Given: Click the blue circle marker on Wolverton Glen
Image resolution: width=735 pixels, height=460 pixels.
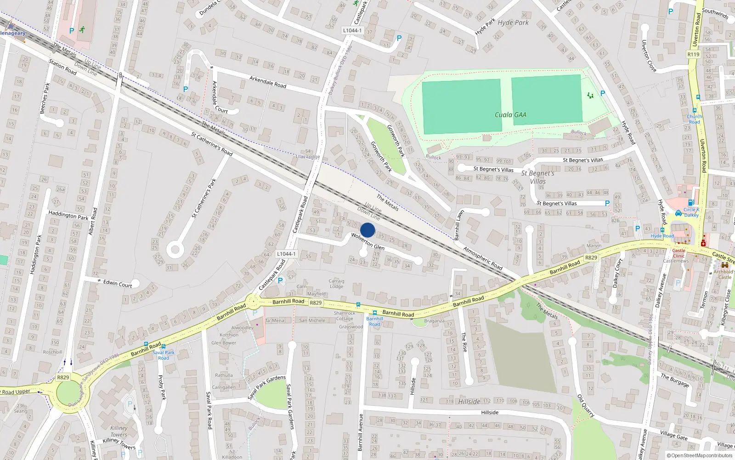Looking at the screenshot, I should click(367, 230).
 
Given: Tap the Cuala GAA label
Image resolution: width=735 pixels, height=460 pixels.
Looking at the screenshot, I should click(510, 115).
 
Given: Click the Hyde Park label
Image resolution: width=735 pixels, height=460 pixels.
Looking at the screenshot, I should click(513, 23).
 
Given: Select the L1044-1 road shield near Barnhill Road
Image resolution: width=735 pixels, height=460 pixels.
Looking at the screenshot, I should click(286, 254).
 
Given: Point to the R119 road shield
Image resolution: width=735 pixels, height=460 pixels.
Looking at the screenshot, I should click(693, 54).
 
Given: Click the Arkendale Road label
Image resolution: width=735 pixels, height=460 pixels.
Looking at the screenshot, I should click(268, 82).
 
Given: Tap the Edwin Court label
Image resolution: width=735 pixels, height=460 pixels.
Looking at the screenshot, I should click(117, 283).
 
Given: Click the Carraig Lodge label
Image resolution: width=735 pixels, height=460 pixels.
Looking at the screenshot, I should click(336, 283).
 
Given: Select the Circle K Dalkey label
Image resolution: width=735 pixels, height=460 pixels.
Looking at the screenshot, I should click(691, 212).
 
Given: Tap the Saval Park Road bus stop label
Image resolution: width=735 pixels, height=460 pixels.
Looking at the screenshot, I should click(164, 355).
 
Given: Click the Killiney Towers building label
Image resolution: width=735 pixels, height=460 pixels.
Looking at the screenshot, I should click(119, 431).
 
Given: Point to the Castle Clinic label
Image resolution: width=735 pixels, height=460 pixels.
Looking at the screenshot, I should click(679, 253).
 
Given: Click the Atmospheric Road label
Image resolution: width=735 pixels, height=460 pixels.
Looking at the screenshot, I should click(482, 258).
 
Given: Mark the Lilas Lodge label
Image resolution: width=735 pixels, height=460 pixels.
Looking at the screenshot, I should click(308, 157).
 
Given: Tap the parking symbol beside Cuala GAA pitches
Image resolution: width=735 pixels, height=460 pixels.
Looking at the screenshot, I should click(603, 93).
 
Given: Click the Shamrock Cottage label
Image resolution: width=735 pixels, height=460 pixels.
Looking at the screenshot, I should click(344, 316).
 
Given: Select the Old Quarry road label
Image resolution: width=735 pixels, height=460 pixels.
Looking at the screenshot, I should click(585, 405).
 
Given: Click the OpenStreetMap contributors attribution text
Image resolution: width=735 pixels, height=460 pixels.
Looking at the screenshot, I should click(700, 455).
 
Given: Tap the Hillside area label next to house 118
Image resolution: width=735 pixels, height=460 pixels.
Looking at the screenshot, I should click(469, 402).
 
